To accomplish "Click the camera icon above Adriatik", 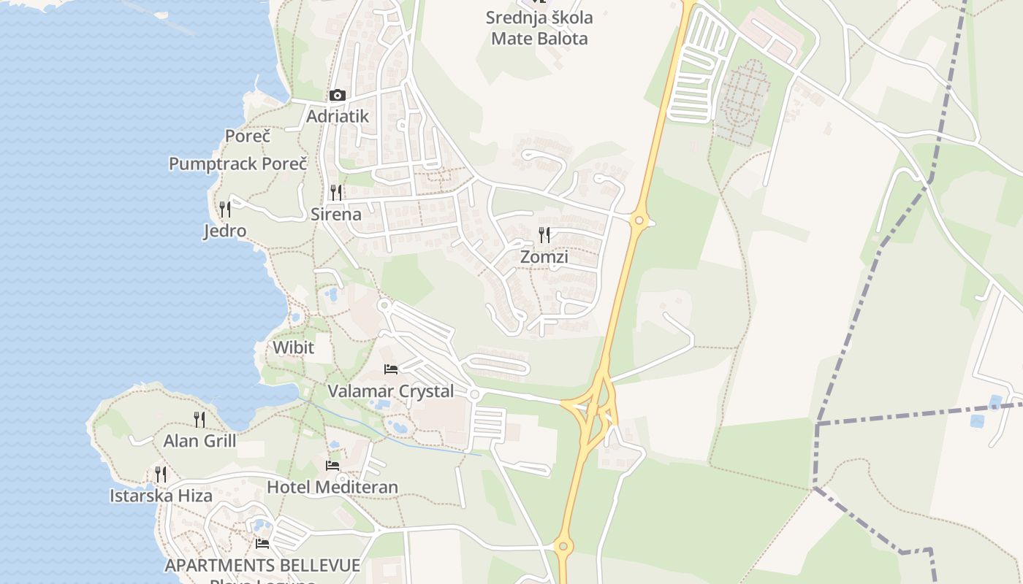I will [337, 96].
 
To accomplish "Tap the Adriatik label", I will [338, 116].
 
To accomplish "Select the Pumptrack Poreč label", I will [238, 164].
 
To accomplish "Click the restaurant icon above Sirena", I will [336, 193].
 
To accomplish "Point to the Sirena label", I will [336, 214].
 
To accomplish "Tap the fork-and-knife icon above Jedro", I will [225, 210].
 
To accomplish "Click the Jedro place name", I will [224, 231].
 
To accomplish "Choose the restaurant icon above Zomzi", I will [544, 235].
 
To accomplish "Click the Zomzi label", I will [544, 257].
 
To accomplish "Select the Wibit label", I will [293, 347].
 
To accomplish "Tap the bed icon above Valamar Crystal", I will [391, 369].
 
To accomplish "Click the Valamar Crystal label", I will [391, 391].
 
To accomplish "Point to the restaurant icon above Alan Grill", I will [199, 419].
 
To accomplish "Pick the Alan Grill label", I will [199, 441].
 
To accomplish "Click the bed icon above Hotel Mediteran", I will [332, 465].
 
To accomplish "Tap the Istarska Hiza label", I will [161, 496].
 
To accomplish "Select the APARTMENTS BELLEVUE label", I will [262, 565].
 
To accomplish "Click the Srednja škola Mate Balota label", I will [539, 28].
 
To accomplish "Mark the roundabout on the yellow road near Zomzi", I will [639, 220].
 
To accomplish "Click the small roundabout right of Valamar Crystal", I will [475, 394].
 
